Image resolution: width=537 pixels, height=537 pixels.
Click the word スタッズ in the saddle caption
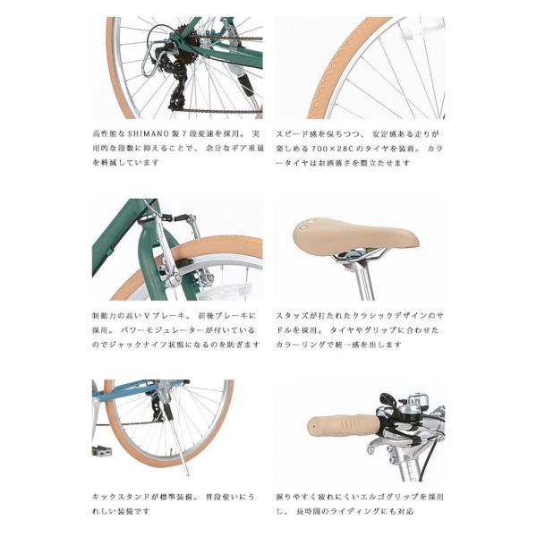(x=293, y=315)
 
